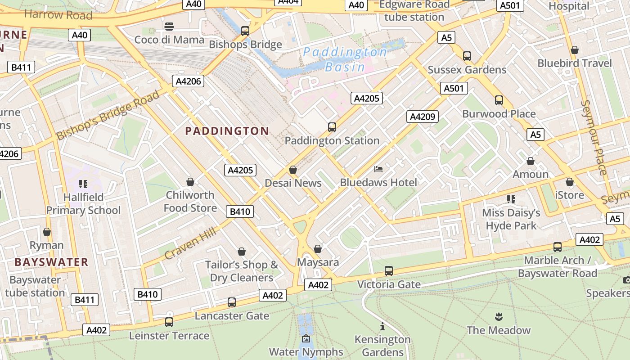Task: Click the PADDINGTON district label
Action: click(x=227, y=131)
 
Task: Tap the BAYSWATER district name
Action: click(x=51, y=262)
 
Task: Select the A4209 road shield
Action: click(x=422, y=117)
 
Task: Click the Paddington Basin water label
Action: click(x=345, y=59)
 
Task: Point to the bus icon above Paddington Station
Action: click(x=332, y=127)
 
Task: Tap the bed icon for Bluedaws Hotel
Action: click(x=378, y=169)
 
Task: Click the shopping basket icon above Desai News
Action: click(x=293, y=170)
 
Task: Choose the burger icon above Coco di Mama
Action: click(x=169, y=27)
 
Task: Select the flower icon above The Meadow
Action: click(x=498, y=316)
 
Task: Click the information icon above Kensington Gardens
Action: click(x=382, y=326)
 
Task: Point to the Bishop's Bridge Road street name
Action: click(x=108, y=115)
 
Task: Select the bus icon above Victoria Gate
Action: click(x=389, y=271)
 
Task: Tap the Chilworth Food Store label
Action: click(x=190, y=201)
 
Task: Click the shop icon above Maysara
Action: click(x=318, y=249)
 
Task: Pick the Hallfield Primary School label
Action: click(x=83, y=203)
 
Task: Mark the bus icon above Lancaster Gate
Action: click(x=232, y=302)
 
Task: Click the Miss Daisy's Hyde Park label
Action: click(x=511, y=219)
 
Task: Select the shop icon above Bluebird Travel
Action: click(x=575, y=50)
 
